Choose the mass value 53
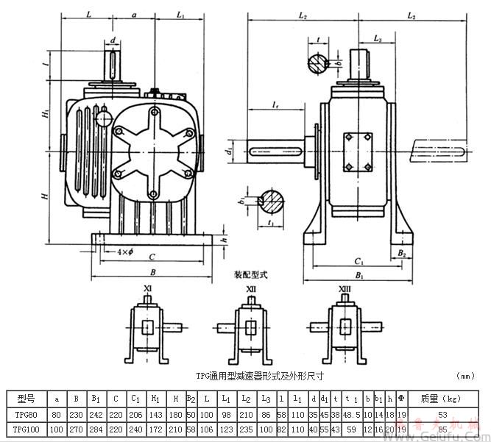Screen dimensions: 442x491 pos(442,416)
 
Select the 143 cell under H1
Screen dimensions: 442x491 pos(155,416)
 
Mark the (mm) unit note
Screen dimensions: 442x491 pos(466,375)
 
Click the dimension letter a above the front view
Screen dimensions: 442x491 pos(134,14)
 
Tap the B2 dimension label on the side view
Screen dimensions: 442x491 pos(402,252)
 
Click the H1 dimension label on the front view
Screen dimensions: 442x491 pos(45,116)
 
